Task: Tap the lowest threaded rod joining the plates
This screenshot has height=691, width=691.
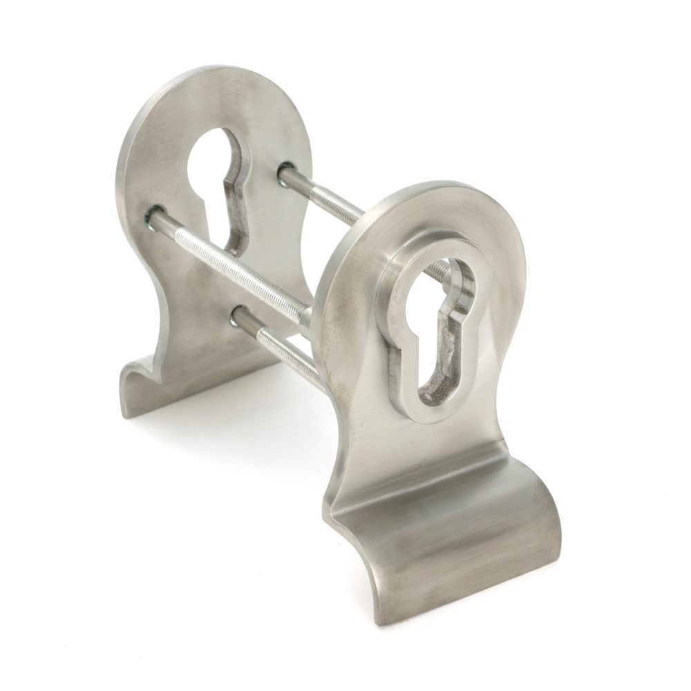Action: pyautogui.click(x=276, y=345)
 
